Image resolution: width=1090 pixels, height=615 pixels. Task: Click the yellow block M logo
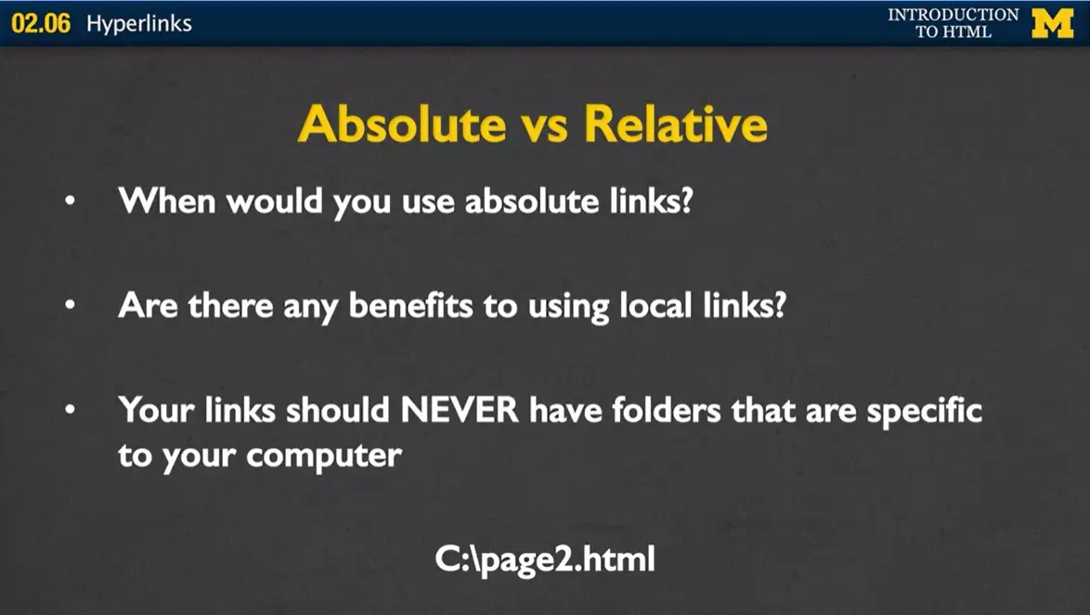tap(1052, 23)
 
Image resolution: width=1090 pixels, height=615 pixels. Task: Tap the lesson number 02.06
tap(41, 24)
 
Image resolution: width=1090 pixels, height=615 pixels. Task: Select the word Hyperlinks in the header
tap(139, 24)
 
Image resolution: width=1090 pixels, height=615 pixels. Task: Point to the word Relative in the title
tap(675, 124)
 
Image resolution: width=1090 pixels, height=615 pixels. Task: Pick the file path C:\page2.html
tap(545, 559)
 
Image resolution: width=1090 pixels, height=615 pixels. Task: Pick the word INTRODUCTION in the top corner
tap(953, 15)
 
